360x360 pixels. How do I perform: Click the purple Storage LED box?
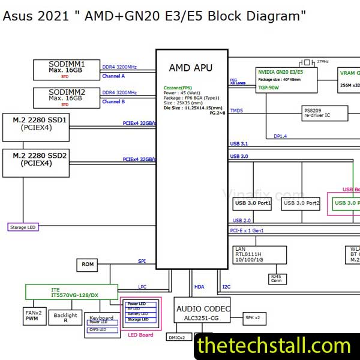pyautogui.click(x=23, y=227)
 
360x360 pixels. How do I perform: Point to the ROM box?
pyautogui.click(x=87, y=265)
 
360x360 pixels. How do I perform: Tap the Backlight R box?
pyautogui.click(x=65, y=318)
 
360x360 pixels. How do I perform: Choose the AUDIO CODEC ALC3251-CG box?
pyautogui.click(x=202, y=312)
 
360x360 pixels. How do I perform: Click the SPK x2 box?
pyautogui.click(x=253, y=317)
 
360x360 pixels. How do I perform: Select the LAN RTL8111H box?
pyautogui.click(x=260, y=255)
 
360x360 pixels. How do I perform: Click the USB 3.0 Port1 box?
pyautogui.click(x=253, y=204)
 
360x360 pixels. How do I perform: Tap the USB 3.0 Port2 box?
pyautogui.click(x=301, y=204)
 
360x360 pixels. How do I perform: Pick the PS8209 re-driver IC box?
pyautogui.click(x=325, y=112)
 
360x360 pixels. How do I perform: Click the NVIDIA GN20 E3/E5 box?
pyautogui.click(x=286, y=78)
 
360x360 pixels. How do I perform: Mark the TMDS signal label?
pyautogui.click(x=236, y=110)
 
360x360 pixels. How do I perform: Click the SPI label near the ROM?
pyautogui.click(x=142, y=261)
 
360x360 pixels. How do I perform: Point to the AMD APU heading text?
pyautogui.click(x=190, y=68)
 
